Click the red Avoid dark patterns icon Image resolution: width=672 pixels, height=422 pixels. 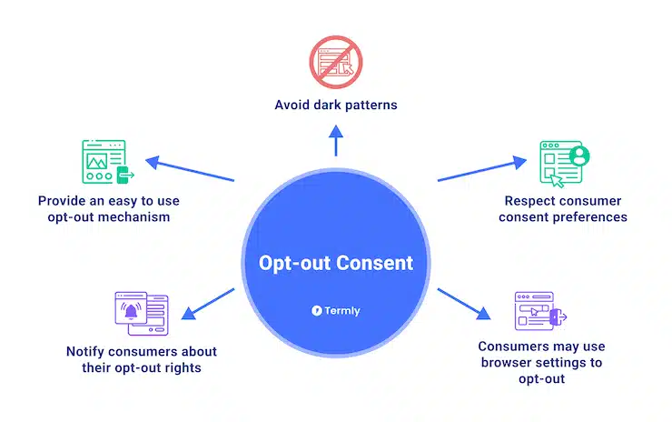336,61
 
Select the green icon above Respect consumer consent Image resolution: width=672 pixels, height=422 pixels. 564,165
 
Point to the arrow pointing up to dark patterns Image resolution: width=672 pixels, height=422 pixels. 336,140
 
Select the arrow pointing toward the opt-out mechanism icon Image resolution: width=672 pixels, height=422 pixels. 191,170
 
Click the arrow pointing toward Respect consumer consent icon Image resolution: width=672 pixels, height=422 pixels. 482,169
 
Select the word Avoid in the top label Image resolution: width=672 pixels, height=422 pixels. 294,105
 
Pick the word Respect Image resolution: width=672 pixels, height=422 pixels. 534,199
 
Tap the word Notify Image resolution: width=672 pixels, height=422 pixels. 87,351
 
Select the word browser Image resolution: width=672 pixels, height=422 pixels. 509,362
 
